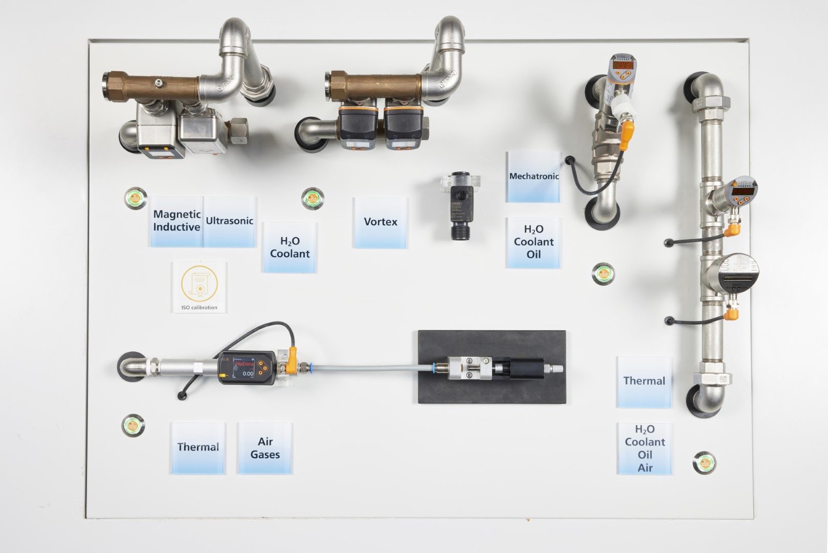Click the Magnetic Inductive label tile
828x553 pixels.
pos(176,221)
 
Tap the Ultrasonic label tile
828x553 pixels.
pos(230,221)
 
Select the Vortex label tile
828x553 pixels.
pos(381,222)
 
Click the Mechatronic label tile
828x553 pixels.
pos(533,177)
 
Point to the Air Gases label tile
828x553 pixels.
pos(265,448)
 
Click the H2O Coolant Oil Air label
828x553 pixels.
pos(644,449)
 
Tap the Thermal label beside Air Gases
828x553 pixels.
pos(198,448)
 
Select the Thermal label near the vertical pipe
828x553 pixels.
pos(644,381)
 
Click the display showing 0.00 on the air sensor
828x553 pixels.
pos(244,369)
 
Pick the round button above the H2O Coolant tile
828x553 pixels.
pos(312,198)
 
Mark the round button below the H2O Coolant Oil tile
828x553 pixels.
pos(603,274)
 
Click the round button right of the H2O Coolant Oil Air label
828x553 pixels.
pos(705,463)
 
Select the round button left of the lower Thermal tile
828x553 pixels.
pos(133,425)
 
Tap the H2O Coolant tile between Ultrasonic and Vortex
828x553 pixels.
pos(290,247)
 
